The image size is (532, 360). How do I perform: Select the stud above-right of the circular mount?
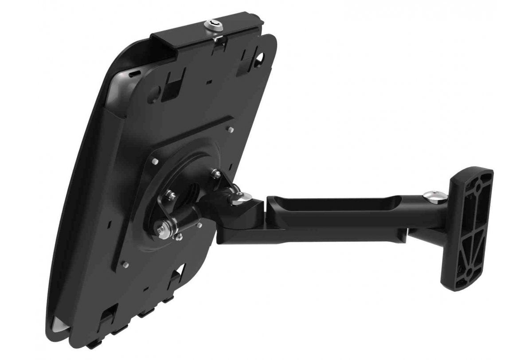pyautogui.click(x=230, y=130)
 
